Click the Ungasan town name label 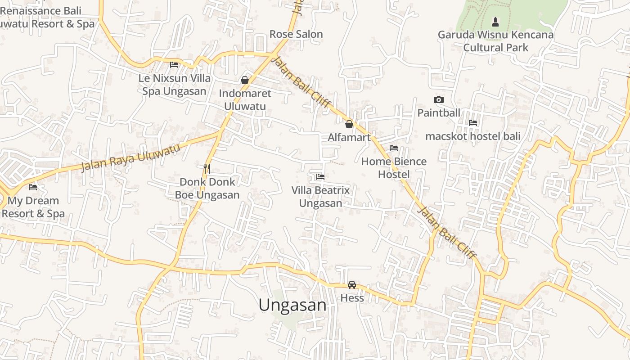pos(292,305)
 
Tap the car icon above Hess pos(352,285)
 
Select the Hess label pos(352,298)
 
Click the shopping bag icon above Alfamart pos(349,124)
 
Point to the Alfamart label pos(349,137)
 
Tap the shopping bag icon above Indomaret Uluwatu pos(245,80)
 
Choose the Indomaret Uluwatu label pos(245,100)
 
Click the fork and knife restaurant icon pos(207,169)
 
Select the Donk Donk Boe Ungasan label pos(207,189)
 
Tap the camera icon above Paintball pos(438,99)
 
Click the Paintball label pos(438,112)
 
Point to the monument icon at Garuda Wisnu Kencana pos(495,22)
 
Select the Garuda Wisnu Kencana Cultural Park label pos(495,41)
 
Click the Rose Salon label pos(296,34)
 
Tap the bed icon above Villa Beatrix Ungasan pos(320,177)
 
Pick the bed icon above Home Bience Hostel pos(394,148)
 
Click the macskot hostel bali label pos(473,136)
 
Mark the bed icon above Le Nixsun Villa pos(174,65)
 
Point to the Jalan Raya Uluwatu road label pos(131,157)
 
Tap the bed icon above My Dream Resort pos(33,187)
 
